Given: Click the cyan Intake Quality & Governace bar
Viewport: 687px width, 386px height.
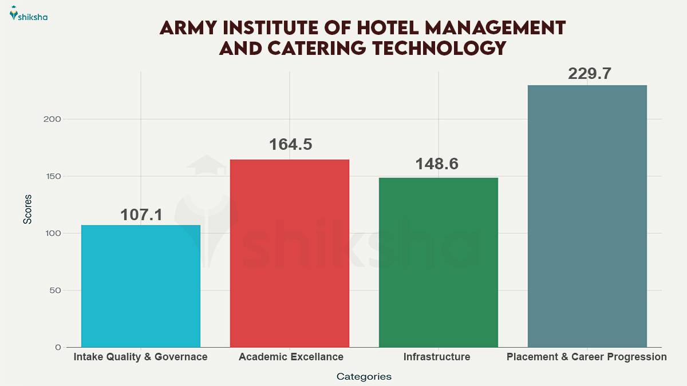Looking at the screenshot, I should click(x=141, y=286).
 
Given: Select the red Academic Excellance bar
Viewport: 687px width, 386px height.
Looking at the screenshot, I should click(x=290, y=253).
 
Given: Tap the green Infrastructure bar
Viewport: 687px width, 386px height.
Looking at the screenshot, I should click(x=439, y=262).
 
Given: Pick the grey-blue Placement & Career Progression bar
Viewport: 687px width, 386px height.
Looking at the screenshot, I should click(x=587, y=216).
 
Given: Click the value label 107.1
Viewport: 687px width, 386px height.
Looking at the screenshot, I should click(x=141, y=214).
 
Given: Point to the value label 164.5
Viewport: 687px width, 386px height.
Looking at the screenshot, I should click(x=290, y=144).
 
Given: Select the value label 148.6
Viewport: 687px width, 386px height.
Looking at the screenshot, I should click(x=439, y=164).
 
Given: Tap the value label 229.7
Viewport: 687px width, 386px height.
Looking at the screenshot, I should click(x=587, y=74).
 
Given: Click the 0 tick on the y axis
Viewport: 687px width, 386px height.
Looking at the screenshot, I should click(x=58, y=347).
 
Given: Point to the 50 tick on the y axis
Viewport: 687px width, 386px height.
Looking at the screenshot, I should click(x=55, y=291).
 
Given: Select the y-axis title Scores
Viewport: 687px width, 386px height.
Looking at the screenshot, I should click(x=27, y=209).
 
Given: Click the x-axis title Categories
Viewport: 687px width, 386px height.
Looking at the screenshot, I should click(x=364, y=376).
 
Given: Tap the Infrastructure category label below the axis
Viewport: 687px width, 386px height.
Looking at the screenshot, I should click(x=437, y=357).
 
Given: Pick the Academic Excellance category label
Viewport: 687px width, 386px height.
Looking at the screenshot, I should click(x=291, y=357).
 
